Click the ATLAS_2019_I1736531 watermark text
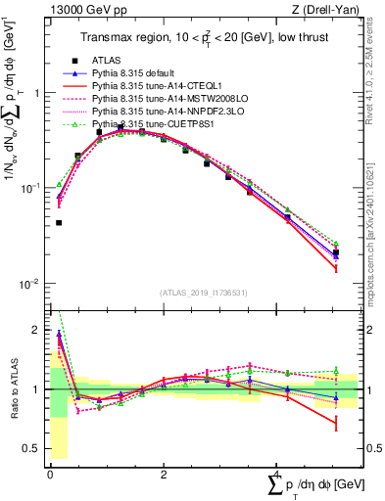[x=204, y=292]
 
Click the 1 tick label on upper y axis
[x=36, y=93]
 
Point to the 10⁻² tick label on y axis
[x=32, y=284]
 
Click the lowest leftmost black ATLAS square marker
[x=59, y=223]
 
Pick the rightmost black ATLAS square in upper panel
[x=336, y=252]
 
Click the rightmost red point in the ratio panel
[x=336, y=424]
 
